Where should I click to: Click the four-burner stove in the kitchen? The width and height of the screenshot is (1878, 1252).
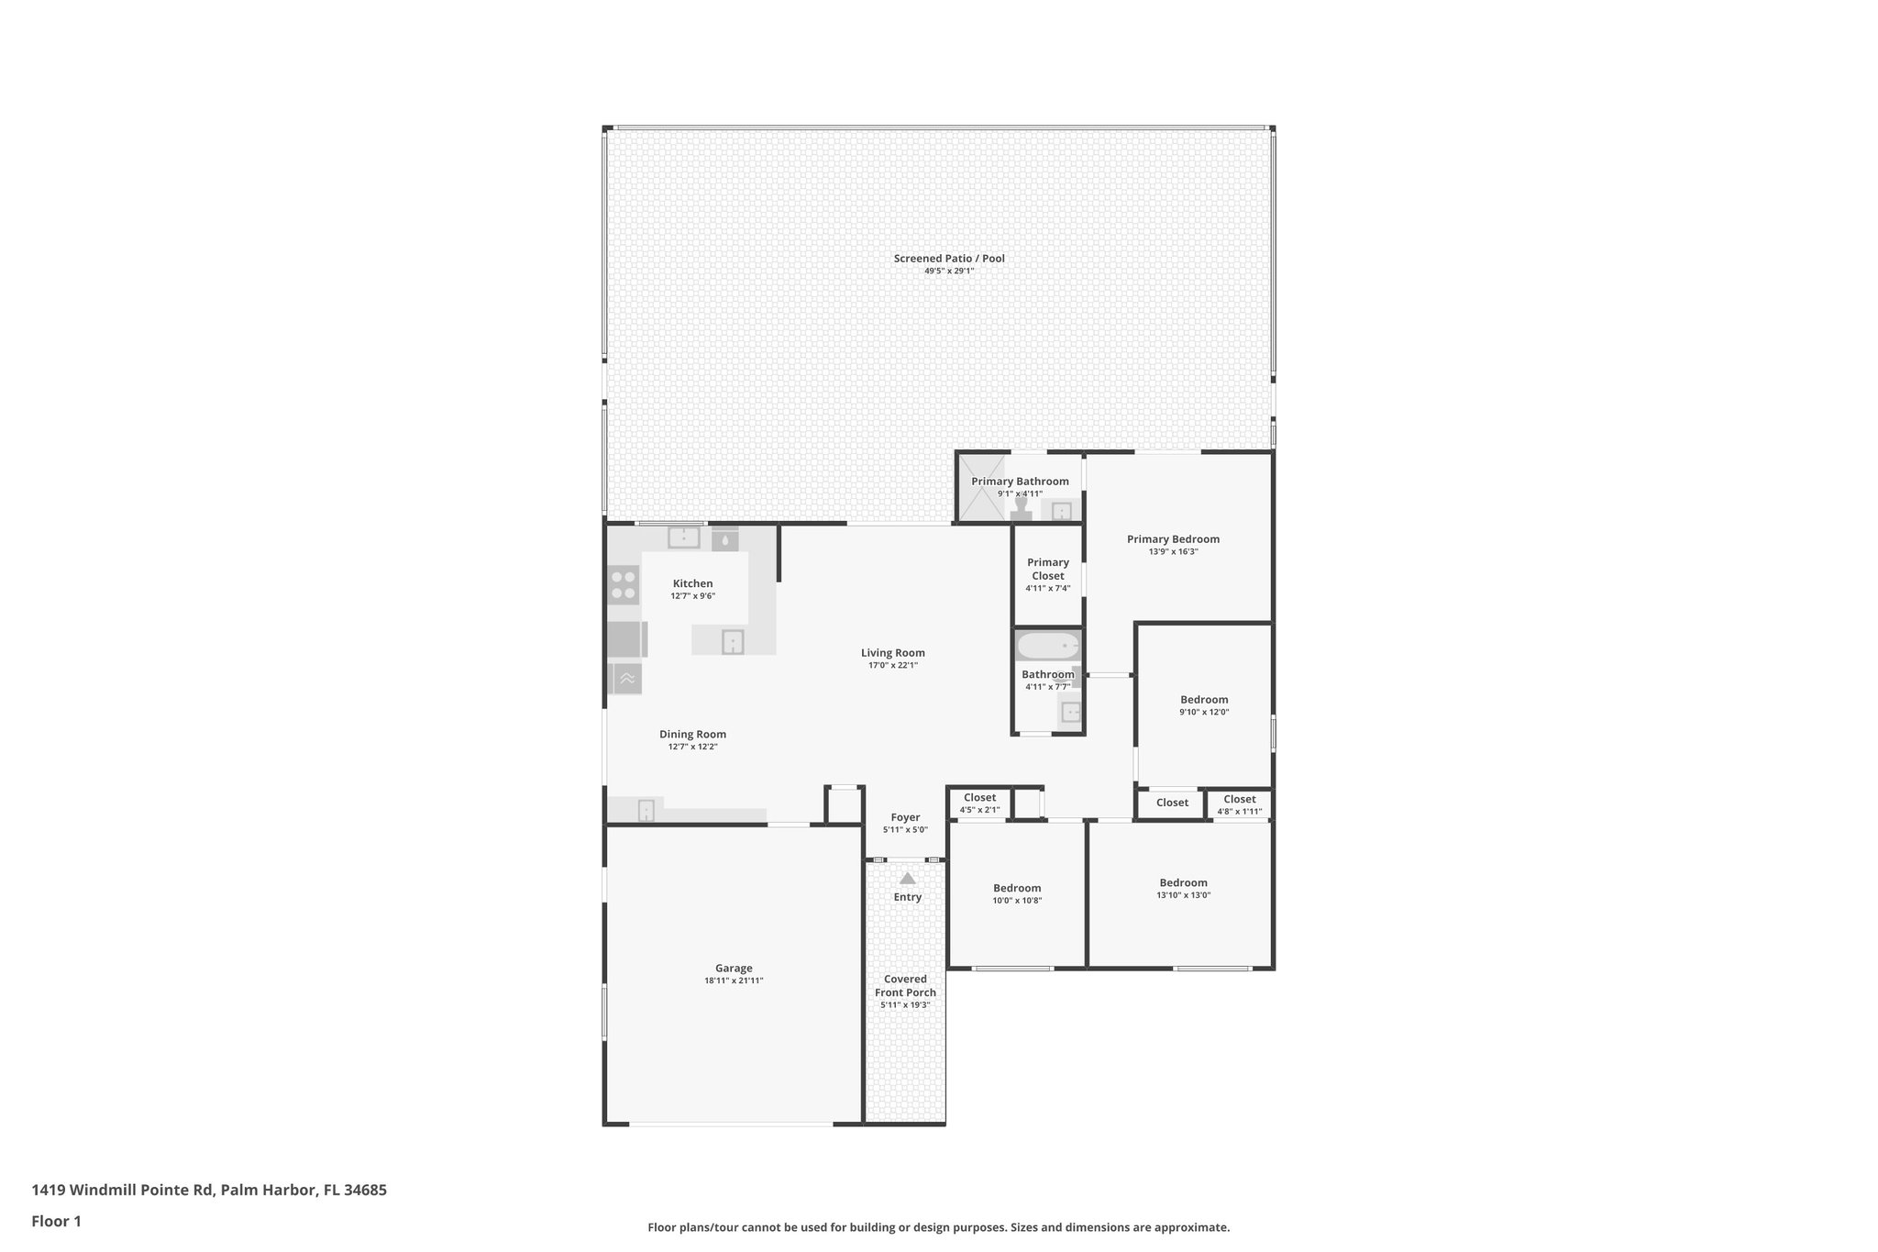coord(624,585)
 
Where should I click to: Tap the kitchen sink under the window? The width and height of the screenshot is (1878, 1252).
coord(683,537)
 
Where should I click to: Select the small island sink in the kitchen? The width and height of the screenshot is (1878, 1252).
coord(733,642)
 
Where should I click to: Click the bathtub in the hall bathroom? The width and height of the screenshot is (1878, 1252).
coord(1048,646)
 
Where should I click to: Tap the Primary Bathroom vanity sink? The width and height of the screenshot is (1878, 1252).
coord(1062,511)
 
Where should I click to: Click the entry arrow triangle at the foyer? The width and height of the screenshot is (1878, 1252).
coord(907,878)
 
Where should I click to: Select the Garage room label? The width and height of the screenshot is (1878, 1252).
coord(734,968)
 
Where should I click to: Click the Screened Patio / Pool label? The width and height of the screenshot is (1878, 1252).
coord(949,259)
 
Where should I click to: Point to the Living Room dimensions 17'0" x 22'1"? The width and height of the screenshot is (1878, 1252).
coord(892,666)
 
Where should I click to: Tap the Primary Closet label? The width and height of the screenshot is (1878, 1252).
coord(1047,569)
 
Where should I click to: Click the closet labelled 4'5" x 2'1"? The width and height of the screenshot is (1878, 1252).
coord(979,803)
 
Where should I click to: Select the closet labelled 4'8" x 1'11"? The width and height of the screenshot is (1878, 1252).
coord(1239,804)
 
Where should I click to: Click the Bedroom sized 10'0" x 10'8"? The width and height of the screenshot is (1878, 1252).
coord(1017,893)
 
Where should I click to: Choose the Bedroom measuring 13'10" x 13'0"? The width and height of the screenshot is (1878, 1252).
coord(1183,889)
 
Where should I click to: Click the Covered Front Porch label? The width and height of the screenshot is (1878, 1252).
coord(905,985)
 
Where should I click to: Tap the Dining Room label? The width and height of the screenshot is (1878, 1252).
coord(692,734)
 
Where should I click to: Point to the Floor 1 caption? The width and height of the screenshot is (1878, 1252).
coord(56,1222)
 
